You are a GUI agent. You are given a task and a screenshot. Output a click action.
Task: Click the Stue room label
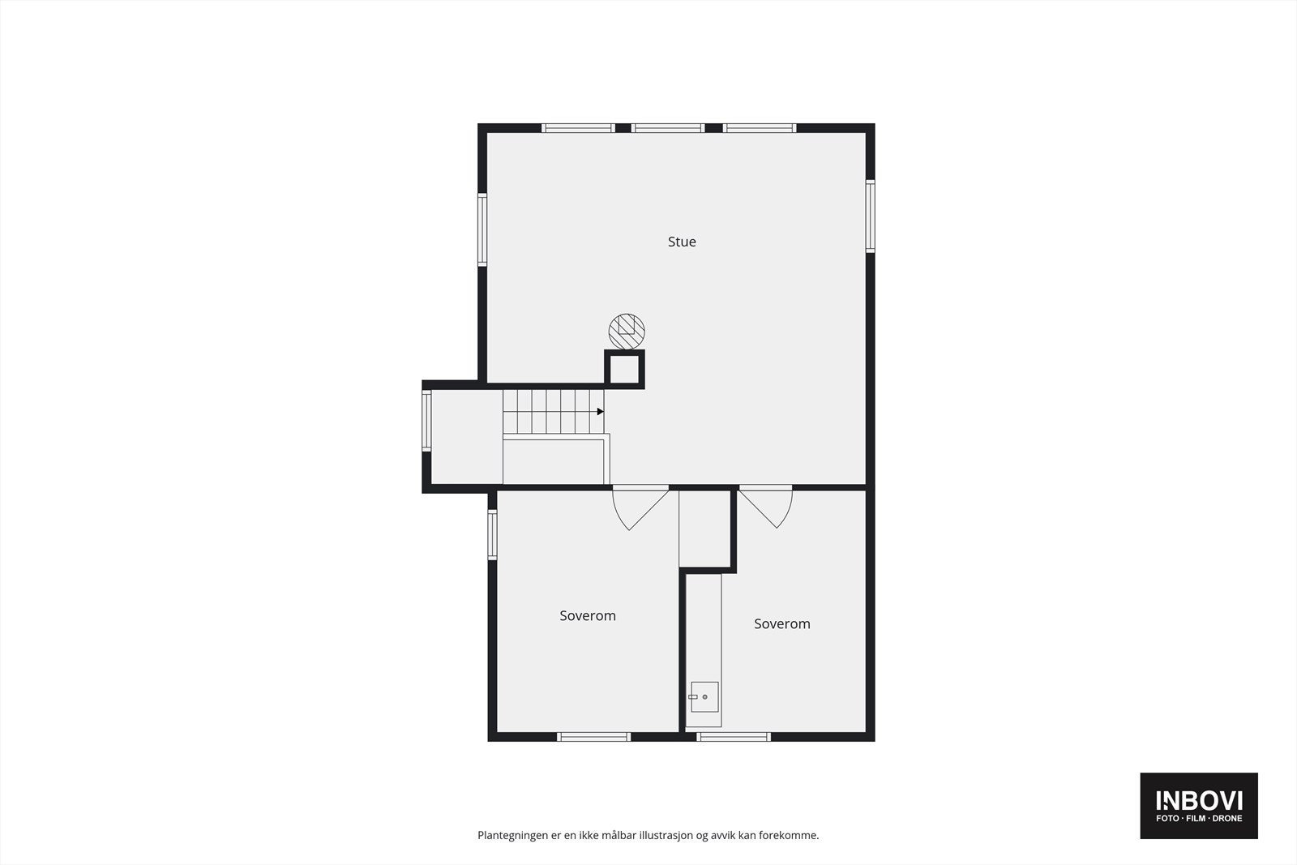pyautogui.click(x=682, y=242)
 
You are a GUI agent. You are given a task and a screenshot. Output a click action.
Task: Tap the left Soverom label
pyautogui.click(x=588, y=616)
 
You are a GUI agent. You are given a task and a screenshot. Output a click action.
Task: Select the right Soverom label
pyautogui.click(x=781, y=624)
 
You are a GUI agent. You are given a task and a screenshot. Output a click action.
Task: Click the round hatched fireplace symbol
pyautogui.click(x=627, y=331)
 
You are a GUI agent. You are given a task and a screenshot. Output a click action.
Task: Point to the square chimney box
pyautogui.click(x=624, y=370)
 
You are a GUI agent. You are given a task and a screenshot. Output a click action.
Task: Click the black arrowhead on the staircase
pyautogui.click(x=601, y=412)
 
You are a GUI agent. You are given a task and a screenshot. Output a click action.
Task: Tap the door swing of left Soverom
pyautogui.click(x=639, y=507)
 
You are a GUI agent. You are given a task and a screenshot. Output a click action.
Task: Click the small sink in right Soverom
pyautogui.click(x=704, y=696)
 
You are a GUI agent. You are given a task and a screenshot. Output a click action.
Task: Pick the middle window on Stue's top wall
pyautogui.click(x=668, y=128)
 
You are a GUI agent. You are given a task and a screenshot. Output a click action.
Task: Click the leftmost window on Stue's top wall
pyautogui.click(x=578, y=128)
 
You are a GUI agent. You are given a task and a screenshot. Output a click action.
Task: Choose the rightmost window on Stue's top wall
pyautogui.click(x=760, y=128)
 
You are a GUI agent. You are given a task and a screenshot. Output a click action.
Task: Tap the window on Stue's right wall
pyautogui.click(x=870, y=216)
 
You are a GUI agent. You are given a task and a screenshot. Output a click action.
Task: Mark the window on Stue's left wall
pyautogui.click(x=482, y=229)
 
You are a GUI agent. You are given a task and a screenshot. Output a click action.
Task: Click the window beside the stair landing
pyautogui.click(x=426, y=421)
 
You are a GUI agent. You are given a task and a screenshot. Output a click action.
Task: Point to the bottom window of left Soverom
pyautogui.click(x=593, y=736)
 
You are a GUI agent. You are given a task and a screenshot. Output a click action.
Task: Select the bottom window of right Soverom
pyautogui.click(x=734, y=736)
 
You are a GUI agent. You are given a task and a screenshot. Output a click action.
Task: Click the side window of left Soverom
pyautogui.click(x=492, y=534)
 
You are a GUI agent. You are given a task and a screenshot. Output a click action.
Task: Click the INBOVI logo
pyautogui.click(x=1198, y=805)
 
